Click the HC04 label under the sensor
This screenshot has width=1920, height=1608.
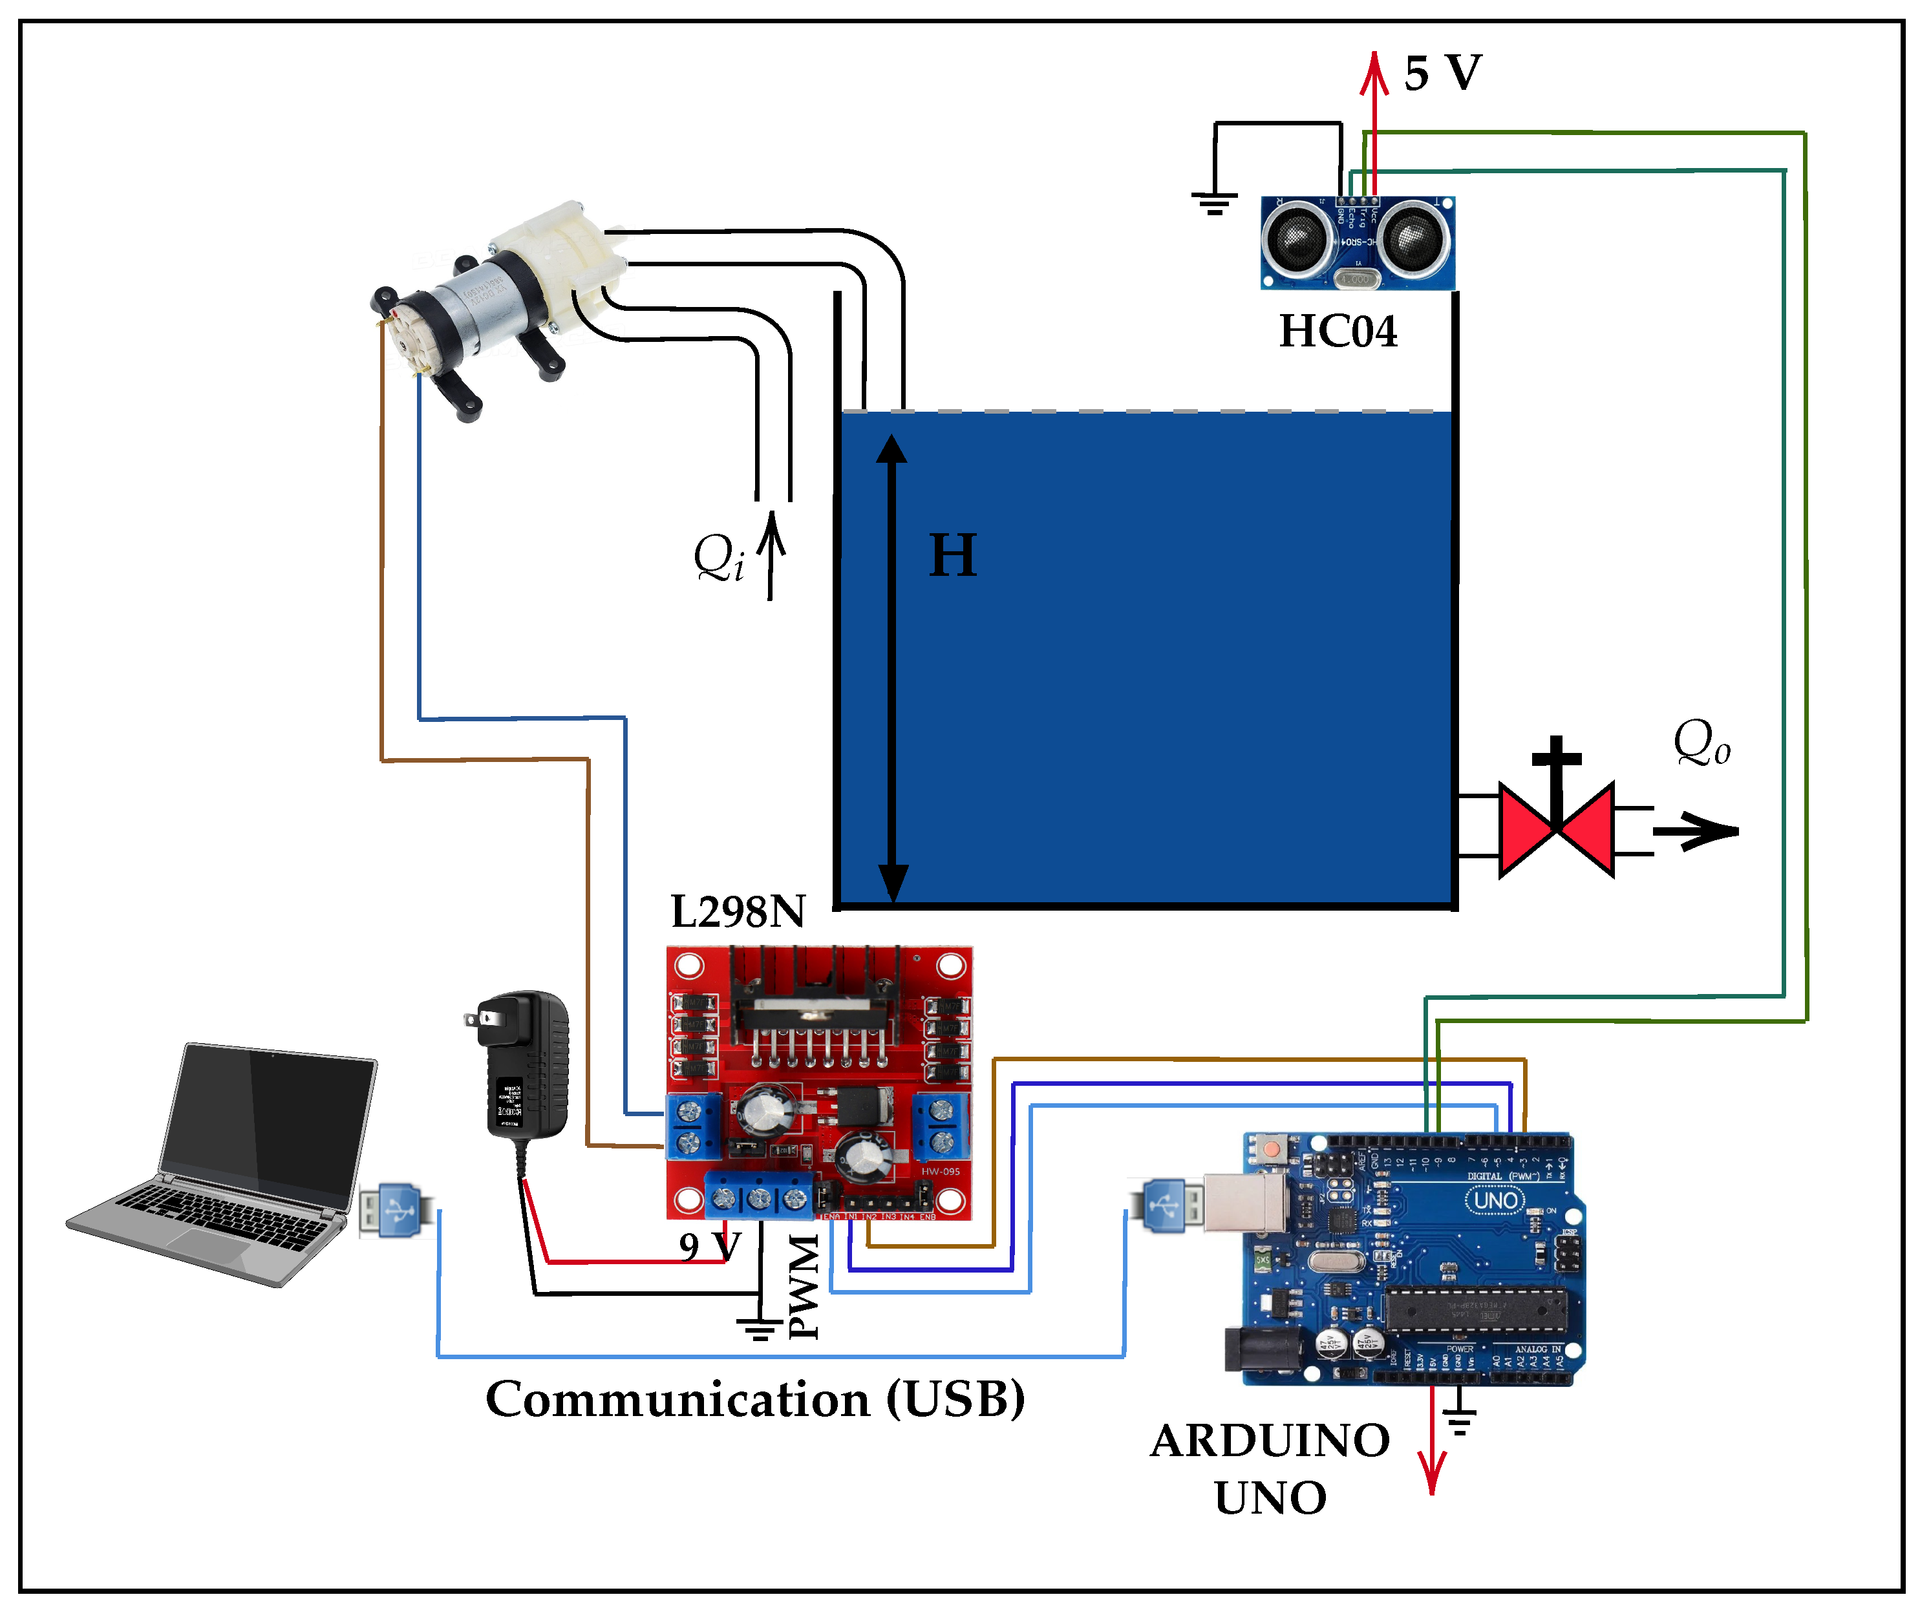pyautogui.click(x=1338, y=332)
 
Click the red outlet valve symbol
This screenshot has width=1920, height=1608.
pyautogui.click(x=1556, y=829)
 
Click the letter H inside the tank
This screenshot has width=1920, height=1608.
pyautogui.click(x=953, y=556)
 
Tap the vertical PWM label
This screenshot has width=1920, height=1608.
pyautogui.click(x=805, y=1287)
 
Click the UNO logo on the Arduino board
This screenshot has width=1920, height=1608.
pyautogui.click(x=1496, y=1200)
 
